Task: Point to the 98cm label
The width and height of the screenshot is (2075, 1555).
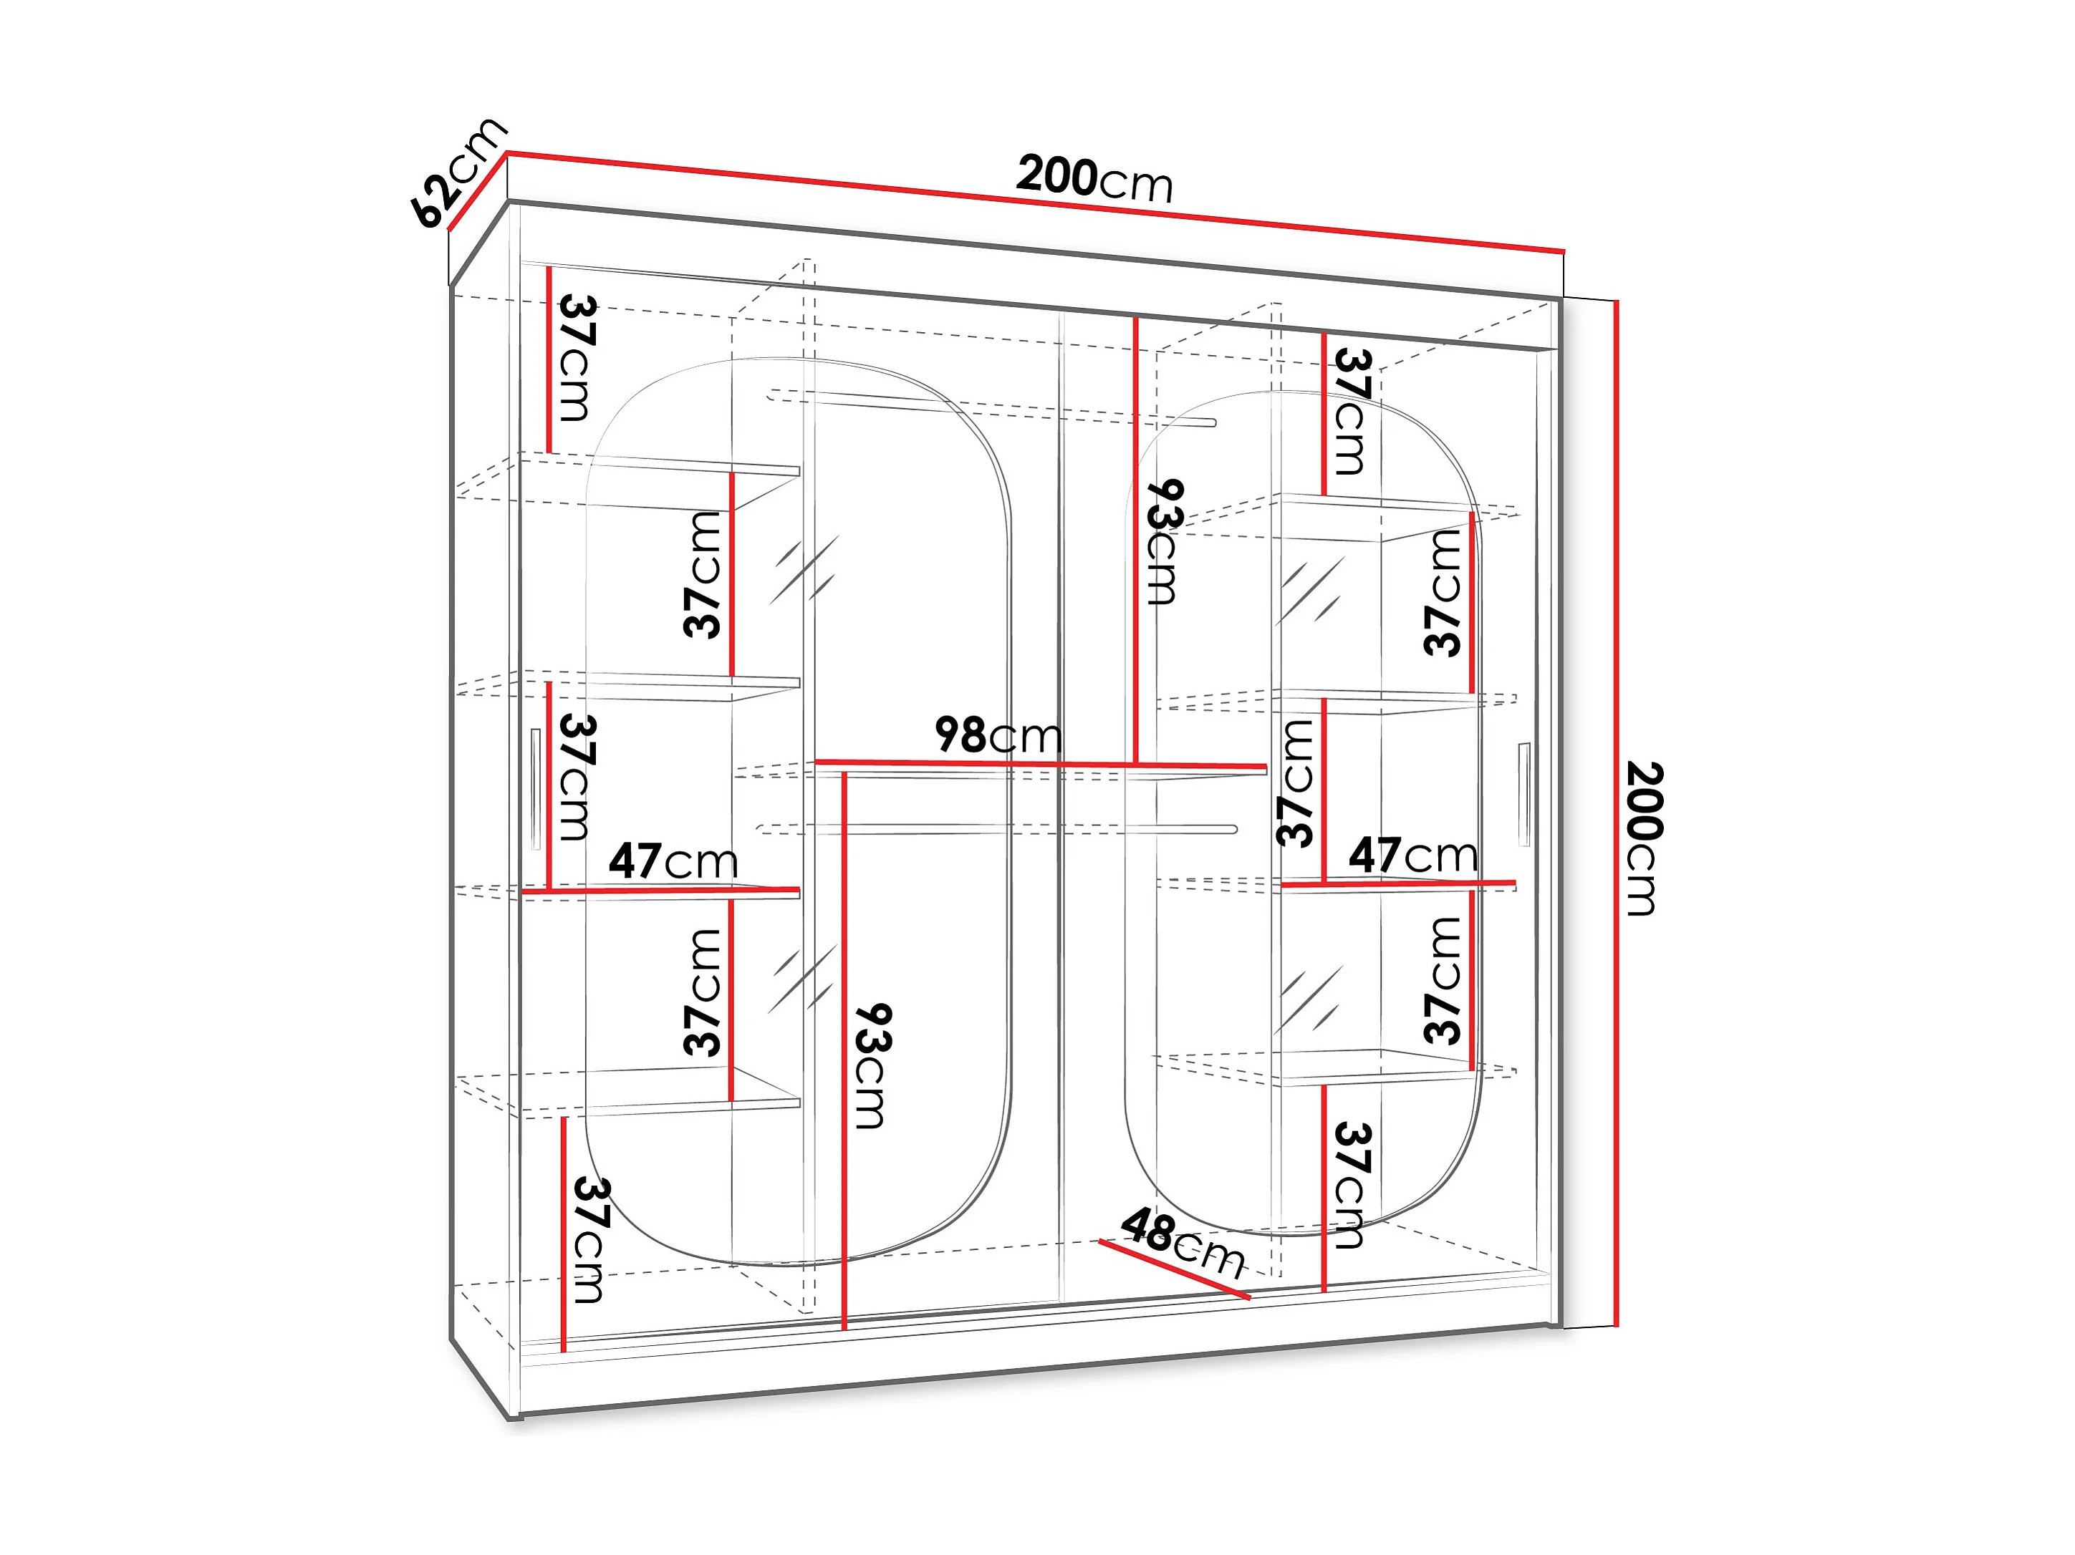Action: pyautogui.click(x=998, y=735)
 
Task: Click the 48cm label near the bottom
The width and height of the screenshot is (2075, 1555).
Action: pyautogui.click(x=1183, y=1243)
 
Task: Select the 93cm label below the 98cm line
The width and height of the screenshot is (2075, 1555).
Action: pyautogui.click(x=872, y=1065)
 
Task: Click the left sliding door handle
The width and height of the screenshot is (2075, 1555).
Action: pyautogui.click(x=535, y=789)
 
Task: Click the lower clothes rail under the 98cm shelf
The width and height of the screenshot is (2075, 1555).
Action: pyautogui.click(x=996, y=829)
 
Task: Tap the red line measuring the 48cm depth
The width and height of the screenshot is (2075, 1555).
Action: pyautogui.click(x=1175, y=1270)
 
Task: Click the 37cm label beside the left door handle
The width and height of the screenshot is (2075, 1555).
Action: pyautogui.click(x=576, y=777)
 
